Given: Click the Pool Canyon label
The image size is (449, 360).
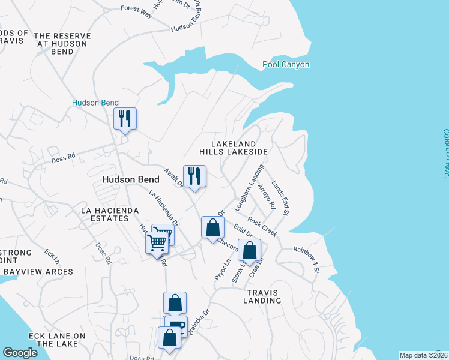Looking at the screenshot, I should click(286, 64).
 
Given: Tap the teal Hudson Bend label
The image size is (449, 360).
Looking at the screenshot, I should click(95, 103).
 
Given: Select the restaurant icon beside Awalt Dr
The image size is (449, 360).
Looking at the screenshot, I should click(194, 176).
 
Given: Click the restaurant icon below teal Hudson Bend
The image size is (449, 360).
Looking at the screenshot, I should click(125, 118).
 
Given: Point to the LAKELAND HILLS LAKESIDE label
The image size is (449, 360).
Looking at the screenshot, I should click(233, 148).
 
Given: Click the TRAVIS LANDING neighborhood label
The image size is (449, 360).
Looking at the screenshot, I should click(262, 296).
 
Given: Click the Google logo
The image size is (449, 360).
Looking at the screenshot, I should click(20, 352).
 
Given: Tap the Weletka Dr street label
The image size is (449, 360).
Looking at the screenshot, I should click(199, 322).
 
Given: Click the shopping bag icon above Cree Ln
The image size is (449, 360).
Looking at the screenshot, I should click(249, 250).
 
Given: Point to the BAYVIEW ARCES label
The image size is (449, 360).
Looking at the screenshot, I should click(38, 272).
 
